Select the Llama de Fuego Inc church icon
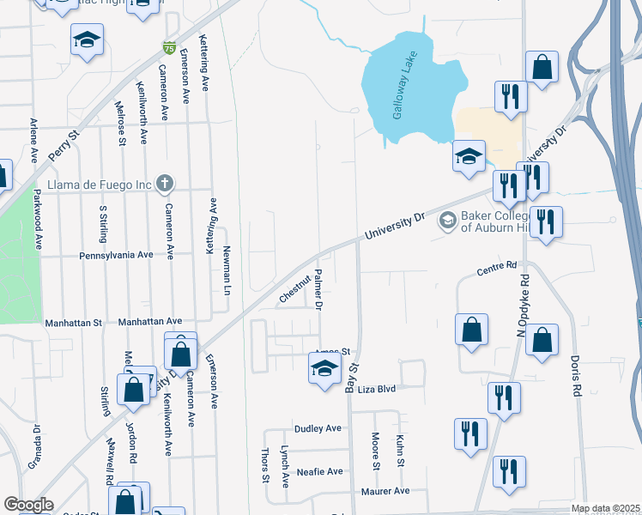pos(166,183)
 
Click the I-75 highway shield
pos(170,48)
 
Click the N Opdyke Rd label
pos(520,306)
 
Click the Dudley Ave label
pos(318,428)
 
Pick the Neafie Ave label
pos(319,471)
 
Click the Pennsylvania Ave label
pos(116,255)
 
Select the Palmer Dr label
pos(318,288)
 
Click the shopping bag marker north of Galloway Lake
pos(542,67)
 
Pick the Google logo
pos(28,505)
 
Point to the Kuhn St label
pos(400,451)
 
